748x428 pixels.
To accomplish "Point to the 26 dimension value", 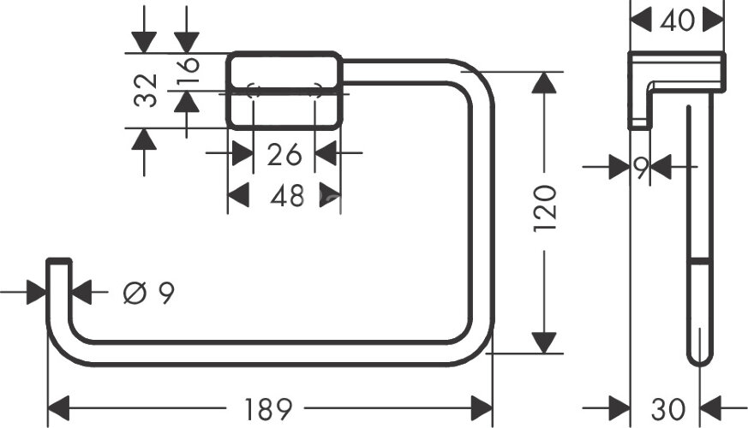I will point(284,155).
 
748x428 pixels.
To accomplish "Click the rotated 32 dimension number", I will point(148,90).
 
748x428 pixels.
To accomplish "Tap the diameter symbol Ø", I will point(134,294).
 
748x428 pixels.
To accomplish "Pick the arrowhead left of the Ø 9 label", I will point(36,294).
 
